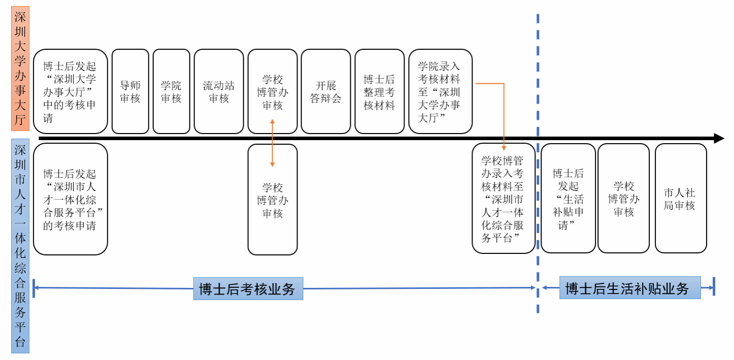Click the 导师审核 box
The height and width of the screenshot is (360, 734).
[130, 91]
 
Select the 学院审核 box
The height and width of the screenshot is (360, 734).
[171, 91]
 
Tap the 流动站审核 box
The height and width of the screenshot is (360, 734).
[219, 91]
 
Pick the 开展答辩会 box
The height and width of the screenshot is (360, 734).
[325, 91]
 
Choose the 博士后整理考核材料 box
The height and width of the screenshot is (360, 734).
[379, 91]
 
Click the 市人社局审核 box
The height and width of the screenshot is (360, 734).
[680, 199]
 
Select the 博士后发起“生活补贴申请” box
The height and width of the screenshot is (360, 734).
[568, 199]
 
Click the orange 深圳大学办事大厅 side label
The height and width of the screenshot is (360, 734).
[20, 69]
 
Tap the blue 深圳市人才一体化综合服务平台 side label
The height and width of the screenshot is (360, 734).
[20, 246]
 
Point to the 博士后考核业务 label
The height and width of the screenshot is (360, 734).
[248, 288]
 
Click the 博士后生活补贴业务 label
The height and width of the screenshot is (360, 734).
[629, 288]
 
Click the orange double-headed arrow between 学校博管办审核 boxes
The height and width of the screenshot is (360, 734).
[273, 143]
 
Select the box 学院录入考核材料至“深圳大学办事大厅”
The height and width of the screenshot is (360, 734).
[440, 91]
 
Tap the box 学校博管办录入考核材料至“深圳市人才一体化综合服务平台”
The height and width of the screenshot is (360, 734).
[503, 199]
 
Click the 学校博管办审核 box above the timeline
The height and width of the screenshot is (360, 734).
[273, 91]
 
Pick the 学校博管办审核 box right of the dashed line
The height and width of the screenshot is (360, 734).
[623, 199]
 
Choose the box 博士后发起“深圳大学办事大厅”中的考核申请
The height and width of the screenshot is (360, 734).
[70, 91]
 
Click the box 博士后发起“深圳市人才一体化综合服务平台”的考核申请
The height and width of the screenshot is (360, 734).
[70, 199]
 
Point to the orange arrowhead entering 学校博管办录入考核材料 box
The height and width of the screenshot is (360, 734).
[504, 148]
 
